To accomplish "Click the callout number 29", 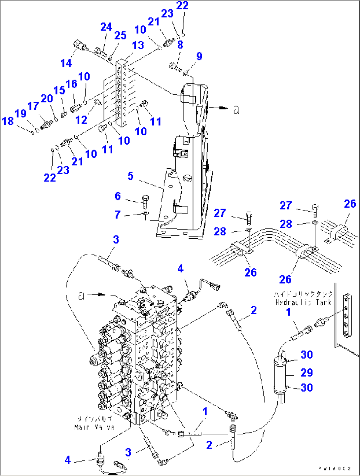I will point(306,372).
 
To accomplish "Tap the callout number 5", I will point(130,176).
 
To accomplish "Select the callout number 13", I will point(138,45).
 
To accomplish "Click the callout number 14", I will point(66,63).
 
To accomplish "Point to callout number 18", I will point(8,121).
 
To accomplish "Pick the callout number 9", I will point(199,56).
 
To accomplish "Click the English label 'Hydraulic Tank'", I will point(303,302).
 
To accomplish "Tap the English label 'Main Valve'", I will point(94,427).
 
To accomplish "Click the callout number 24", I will point(106,27).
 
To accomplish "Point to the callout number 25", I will point(120,35).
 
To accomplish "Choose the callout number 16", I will point(71,84).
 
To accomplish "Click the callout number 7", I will point(118,215).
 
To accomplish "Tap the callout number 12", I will point(81,120).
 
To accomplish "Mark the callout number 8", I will point(180,45).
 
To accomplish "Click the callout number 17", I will point(33,106).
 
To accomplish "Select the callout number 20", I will point(47,98).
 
